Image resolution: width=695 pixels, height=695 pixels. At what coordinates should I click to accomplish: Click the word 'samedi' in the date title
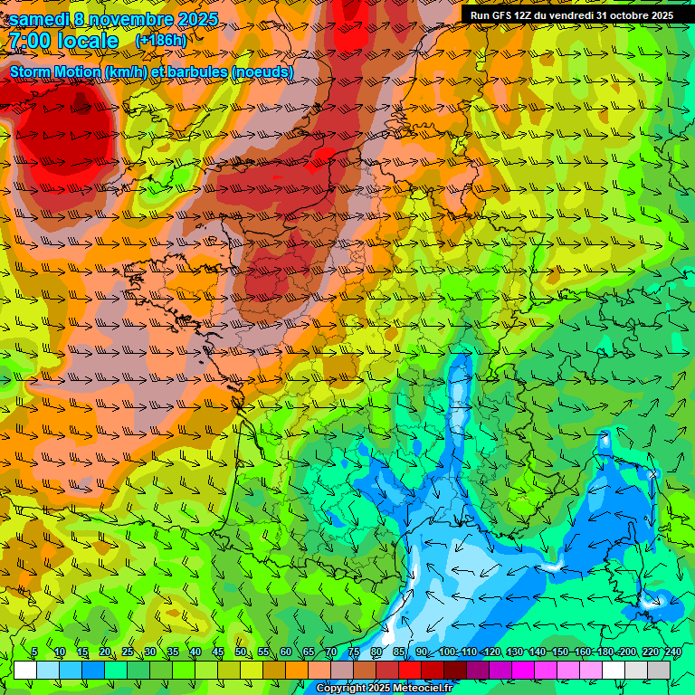(x=39, y=18)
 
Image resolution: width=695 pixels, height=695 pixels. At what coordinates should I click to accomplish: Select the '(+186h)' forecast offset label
(x=160, y=41)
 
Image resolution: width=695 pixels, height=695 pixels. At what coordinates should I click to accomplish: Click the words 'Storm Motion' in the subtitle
(x=56, y=71)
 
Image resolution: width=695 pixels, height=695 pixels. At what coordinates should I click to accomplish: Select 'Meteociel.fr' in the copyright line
(x=420, y=689)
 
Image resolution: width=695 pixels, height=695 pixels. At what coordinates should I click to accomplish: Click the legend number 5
(x=33, y=652)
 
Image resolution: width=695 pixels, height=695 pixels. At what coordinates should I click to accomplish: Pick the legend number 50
(x=240, y=652)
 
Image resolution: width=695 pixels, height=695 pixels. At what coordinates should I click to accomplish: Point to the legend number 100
(x=446, y=652)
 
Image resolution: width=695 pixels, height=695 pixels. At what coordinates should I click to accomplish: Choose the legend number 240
(x=672, y=652)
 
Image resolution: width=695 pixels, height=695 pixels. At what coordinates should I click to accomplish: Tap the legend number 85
(x=398, y=652)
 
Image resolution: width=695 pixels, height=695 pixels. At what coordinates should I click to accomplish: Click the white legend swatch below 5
(x=25, y=670)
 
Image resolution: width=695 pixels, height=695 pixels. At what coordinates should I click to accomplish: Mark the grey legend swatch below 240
(x=659, y=670)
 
